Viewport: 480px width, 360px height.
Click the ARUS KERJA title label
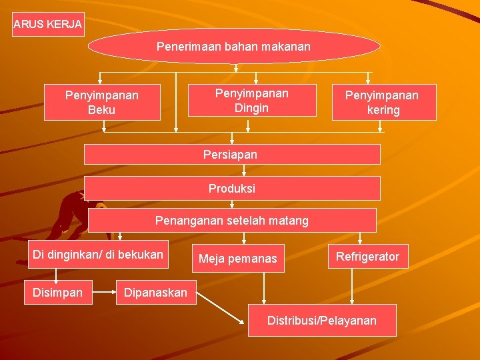click(48, 25)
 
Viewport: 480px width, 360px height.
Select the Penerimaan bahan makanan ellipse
click(234, 47)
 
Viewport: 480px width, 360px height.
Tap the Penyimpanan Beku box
click(102, 102)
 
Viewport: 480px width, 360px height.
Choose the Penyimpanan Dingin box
click(251, 100)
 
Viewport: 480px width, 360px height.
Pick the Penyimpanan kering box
click(383, 102)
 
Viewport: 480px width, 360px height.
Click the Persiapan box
click(231, 154)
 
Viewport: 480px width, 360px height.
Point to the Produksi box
click(231, 188)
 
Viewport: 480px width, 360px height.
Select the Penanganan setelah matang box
click(231, 220)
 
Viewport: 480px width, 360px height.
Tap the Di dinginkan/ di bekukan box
click(97, 254)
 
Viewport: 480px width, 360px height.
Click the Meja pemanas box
click(237, 258)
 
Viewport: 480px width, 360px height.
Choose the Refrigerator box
click(367, 256)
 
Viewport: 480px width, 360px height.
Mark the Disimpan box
click(57, 292)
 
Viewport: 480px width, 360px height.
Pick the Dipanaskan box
click(155, 292)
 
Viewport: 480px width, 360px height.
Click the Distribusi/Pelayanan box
click(321, 320)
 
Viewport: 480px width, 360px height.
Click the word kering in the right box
click(383, 110)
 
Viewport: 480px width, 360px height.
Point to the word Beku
click(102, 109)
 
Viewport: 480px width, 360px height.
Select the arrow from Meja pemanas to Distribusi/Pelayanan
click(265, 288)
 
